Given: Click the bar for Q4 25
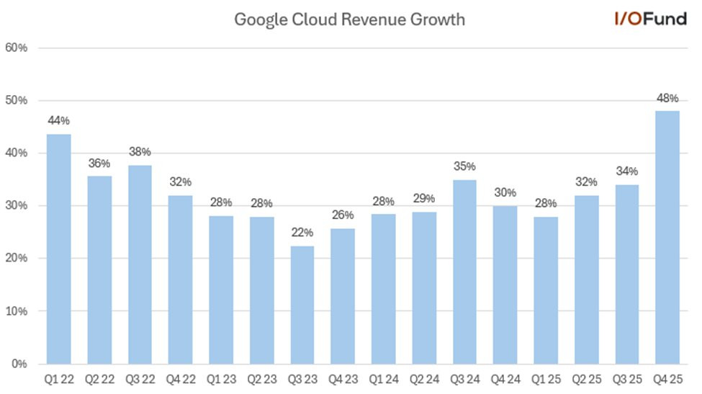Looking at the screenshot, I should [x=667, y=238].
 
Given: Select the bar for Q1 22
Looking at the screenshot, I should [x=59, y=249].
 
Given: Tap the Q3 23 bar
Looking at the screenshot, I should [x=302, y=305].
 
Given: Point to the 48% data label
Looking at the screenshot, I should [x=667, y=97].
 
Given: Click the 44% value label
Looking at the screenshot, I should [x=59, y=120].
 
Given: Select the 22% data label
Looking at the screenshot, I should [x=302, y=233].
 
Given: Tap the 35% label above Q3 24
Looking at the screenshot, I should [x=464, y=166].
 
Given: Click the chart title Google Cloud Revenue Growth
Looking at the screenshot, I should [x=350, y=19].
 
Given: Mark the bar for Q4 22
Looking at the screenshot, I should [x=181, y=279].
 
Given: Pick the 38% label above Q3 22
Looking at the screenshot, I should [x=140, y=152].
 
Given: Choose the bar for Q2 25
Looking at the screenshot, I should [x=586, y=279].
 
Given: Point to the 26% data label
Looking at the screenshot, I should [x=343, y=215].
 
